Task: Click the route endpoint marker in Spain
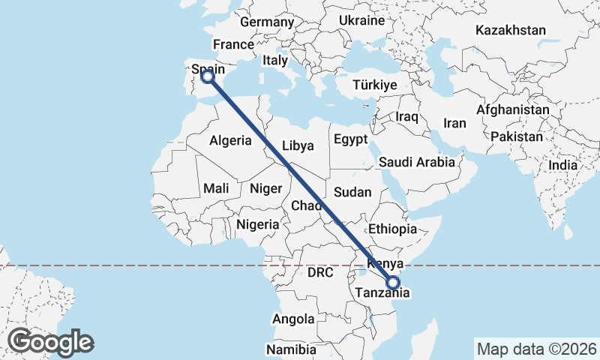(208, 76)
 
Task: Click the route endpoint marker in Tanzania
(393, 283)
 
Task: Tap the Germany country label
(267, 22)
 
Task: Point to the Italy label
(275, 60)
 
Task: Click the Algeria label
(230, 141)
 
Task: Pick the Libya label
(298, 145)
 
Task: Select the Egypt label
(351, 139)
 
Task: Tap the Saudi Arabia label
(417, 161)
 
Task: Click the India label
(562, 164)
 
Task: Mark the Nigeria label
(258, 223)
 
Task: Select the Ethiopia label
(392, 229)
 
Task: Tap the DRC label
(320, 273)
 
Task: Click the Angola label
(293, 319)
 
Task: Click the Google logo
(51, 342)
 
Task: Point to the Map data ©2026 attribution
(536, 349)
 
